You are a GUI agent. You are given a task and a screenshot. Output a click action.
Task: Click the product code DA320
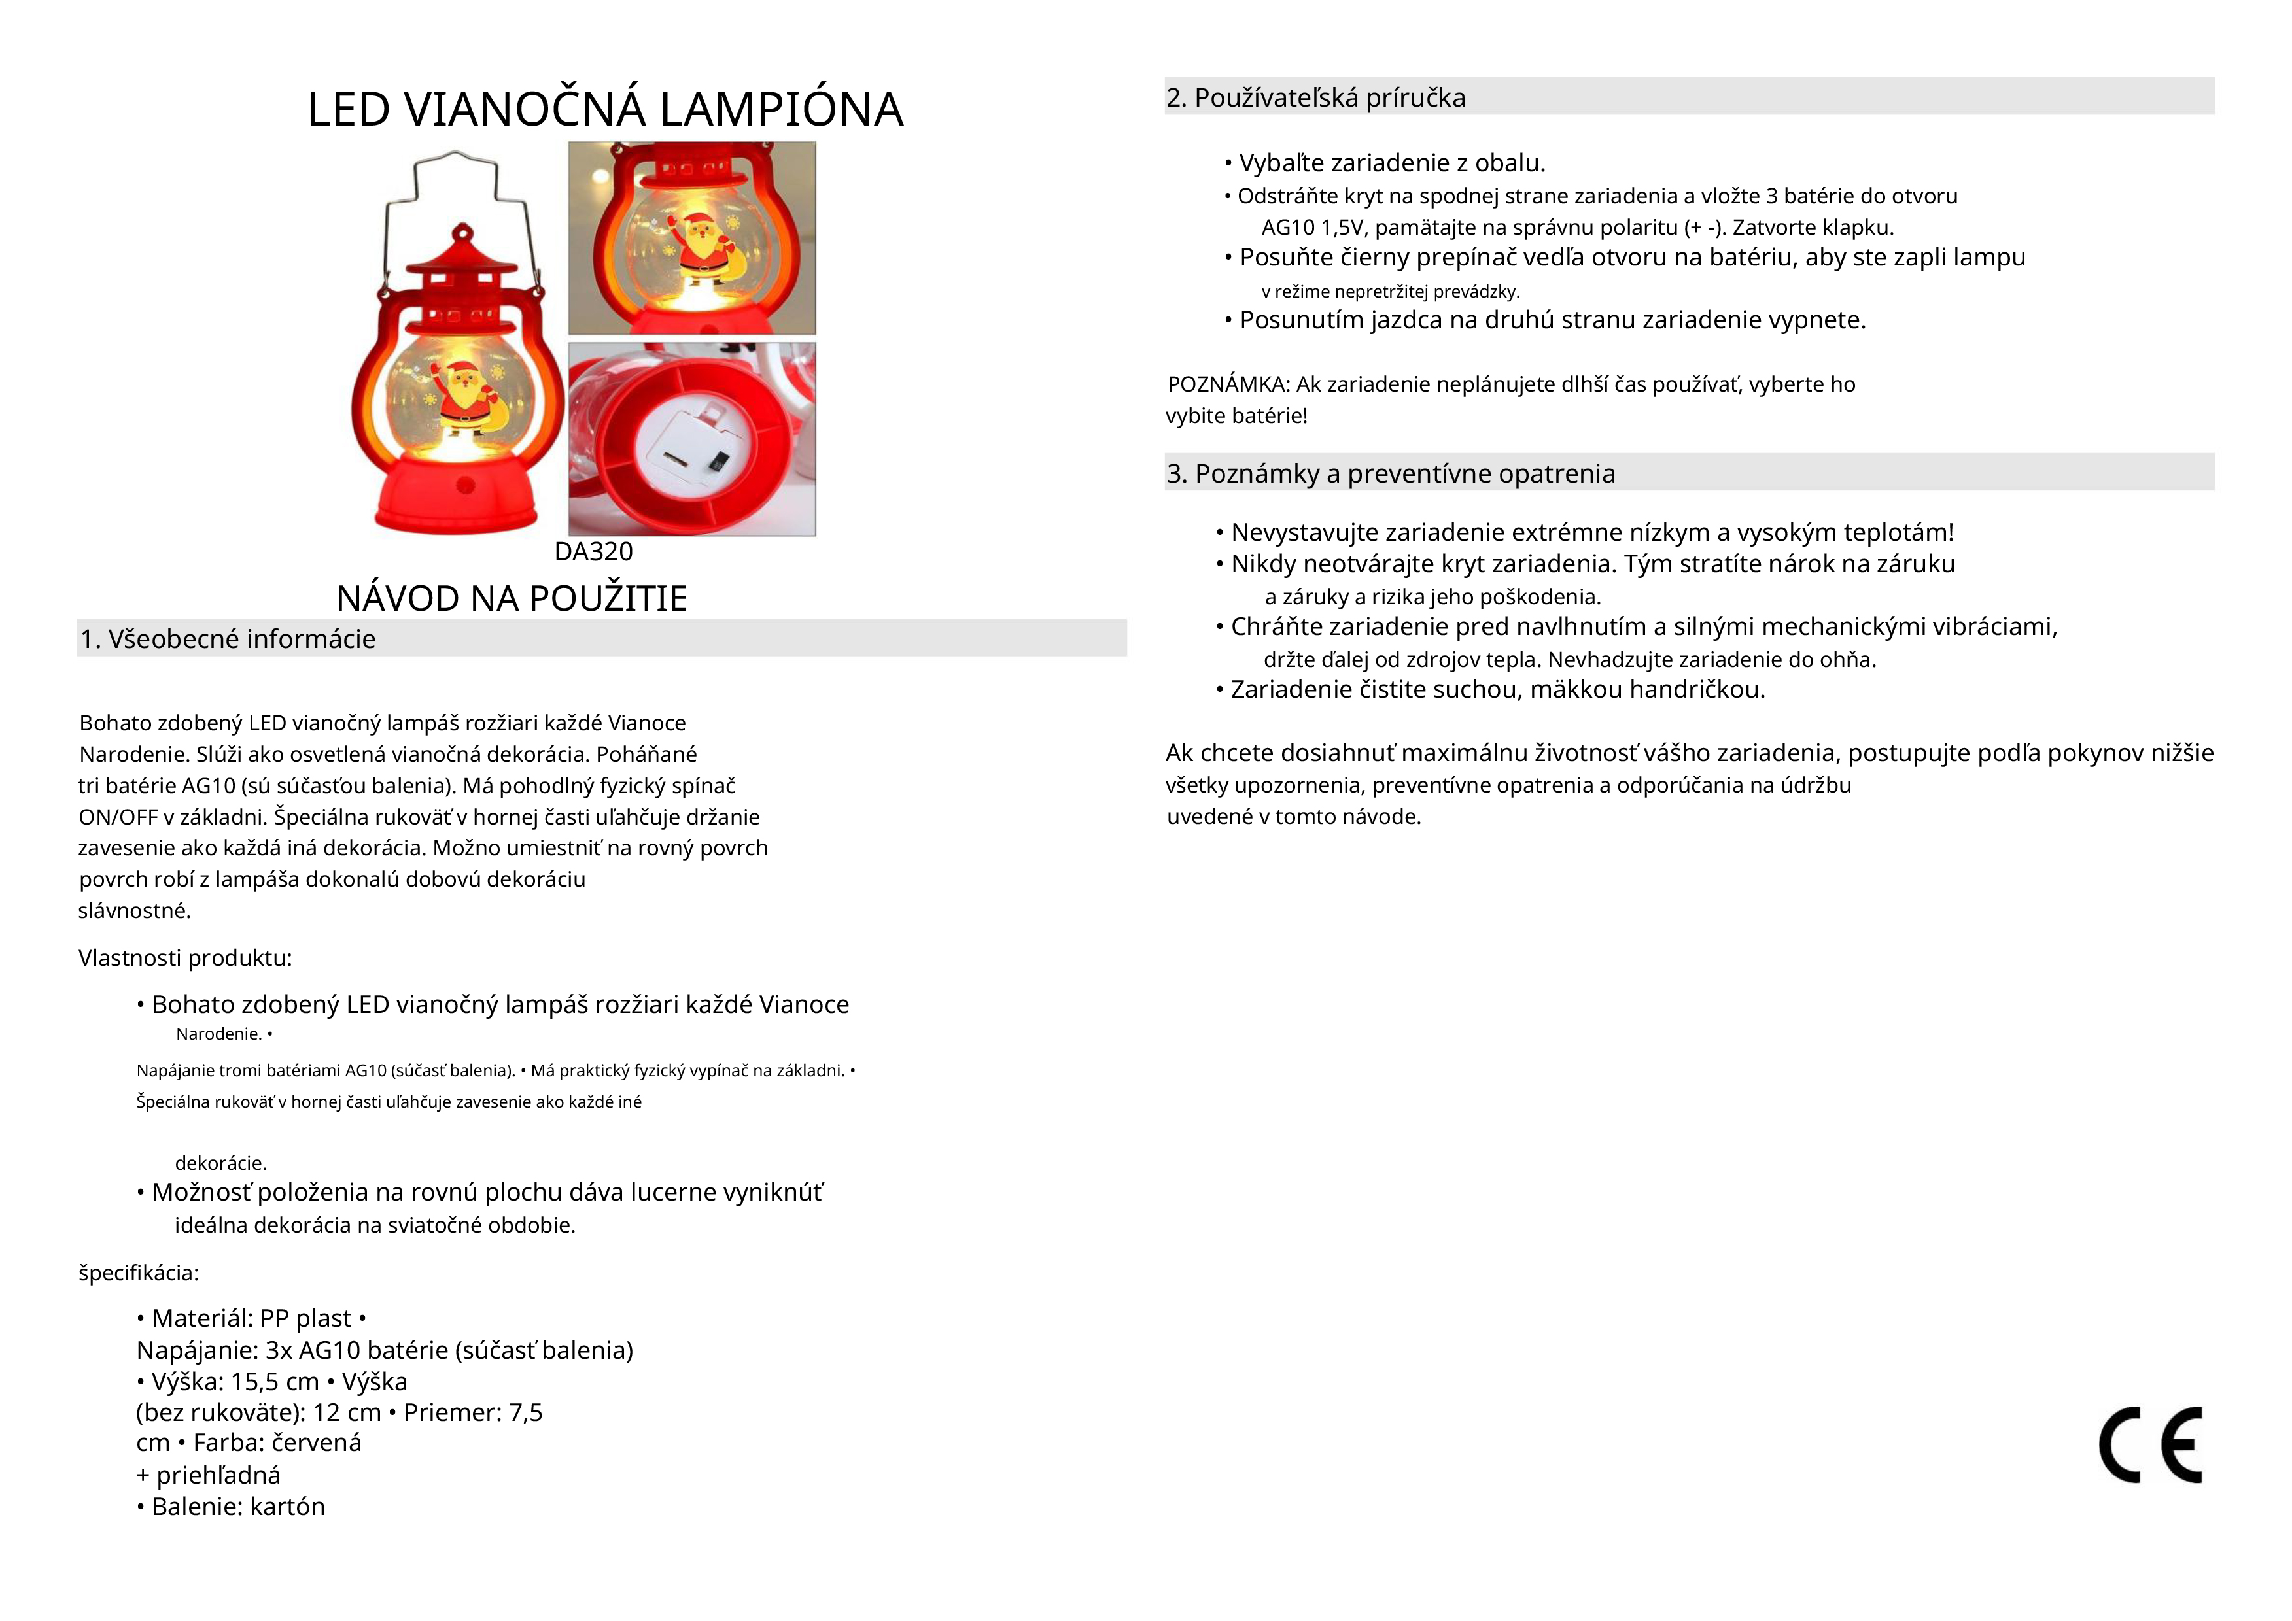coord(593,552)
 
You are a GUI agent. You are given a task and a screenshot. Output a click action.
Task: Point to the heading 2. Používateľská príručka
coord(1315,98)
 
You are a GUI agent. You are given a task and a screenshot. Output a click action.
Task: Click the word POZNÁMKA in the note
coord(1227,384)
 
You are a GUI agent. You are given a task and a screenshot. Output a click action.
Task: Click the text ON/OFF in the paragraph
coord(117,817)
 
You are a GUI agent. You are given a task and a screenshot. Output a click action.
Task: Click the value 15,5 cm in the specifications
coord(275,1382)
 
